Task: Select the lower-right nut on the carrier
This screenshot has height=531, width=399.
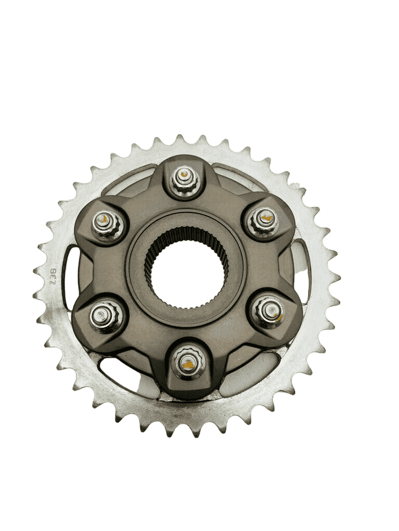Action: coord(269,311)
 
